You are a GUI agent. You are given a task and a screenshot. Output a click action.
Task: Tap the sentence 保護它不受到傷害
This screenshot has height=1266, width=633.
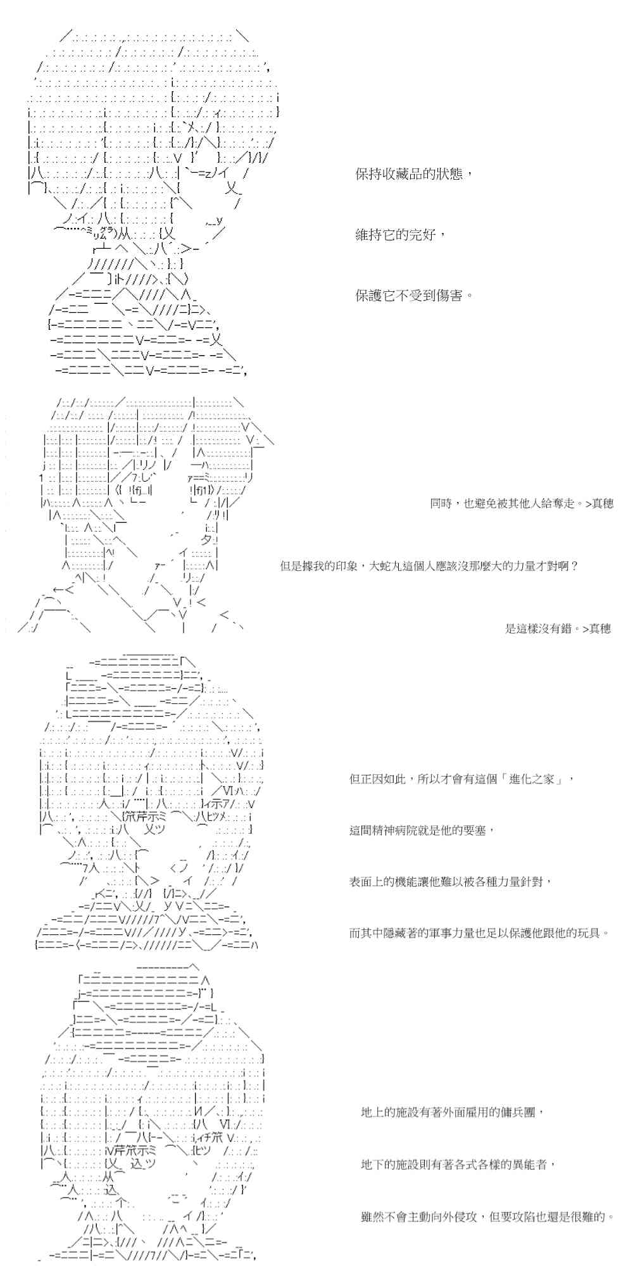414,296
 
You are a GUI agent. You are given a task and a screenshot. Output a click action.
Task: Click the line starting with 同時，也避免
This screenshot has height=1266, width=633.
521,504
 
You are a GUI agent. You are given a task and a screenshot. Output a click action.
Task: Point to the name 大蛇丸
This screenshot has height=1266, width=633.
401,566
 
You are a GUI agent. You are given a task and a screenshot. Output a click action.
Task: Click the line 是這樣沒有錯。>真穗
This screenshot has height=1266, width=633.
558,629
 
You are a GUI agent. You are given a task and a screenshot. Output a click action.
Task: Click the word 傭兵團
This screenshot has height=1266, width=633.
517,1112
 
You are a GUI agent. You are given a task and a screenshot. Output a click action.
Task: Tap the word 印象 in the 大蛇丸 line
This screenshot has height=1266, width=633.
343,566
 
